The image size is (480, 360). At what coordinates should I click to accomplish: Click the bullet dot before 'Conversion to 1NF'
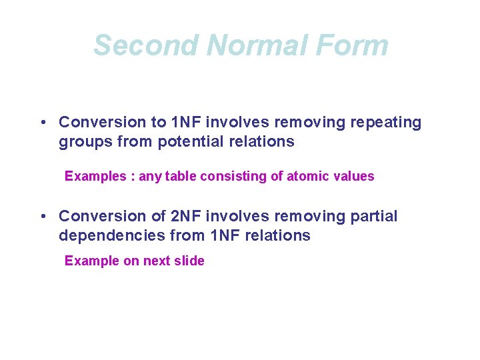42,123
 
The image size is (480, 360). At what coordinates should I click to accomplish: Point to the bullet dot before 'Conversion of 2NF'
42,217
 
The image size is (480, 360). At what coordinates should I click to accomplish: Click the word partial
372,217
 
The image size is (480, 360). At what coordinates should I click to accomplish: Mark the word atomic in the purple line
309,177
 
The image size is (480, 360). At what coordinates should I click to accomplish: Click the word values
353,177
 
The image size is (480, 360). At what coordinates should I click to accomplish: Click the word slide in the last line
189,261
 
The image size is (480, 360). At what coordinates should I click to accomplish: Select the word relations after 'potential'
259,142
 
